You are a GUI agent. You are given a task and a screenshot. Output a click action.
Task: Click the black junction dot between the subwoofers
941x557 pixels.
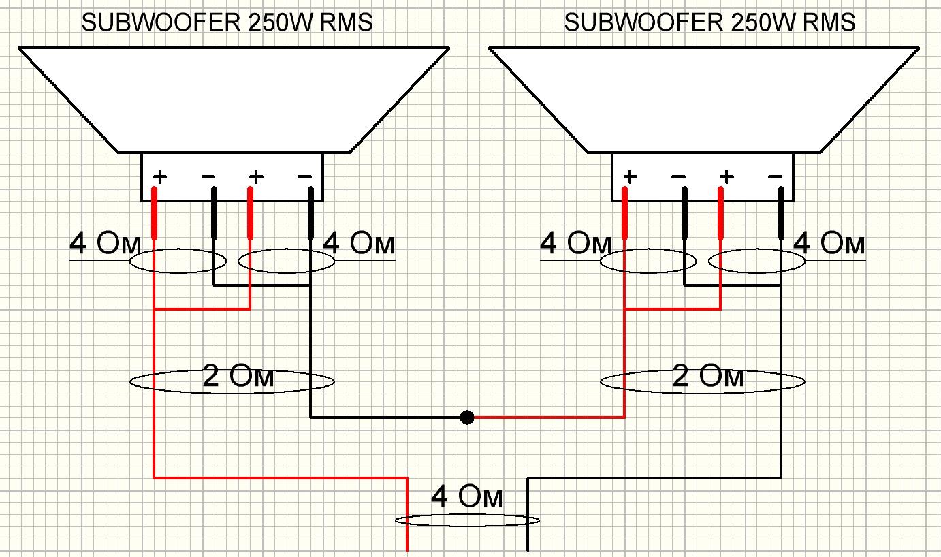click(x=466, y=417)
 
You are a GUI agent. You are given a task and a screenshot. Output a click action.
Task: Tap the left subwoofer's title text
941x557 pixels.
click(x=227, y=22)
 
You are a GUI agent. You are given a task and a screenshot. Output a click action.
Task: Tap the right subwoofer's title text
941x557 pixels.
click(x=709, y=22)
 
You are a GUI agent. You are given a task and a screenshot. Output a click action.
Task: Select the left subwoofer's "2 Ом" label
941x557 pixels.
click(x=238, y=376)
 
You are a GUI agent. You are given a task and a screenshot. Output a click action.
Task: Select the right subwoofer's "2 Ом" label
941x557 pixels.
click(x=708, y=376)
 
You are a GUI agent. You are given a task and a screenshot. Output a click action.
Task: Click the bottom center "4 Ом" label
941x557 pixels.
click(x=466, y=496)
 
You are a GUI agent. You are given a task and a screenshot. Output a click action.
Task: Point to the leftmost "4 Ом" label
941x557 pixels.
click(x=105, y=243)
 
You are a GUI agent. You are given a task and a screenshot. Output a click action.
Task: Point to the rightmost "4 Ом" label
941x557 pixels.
click(x=829, y=243)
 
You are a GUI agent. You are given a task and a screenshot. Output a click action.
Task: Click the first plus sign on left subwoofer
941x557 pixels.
click(x=159, y=176)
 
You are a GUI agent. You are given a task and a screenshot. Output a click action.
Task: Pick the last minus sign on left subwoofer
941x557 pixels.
click(x=304, y=176)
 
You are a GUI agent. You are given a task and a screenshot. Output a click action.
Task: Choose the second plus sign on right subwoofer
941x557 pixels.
click(x=727, y=176)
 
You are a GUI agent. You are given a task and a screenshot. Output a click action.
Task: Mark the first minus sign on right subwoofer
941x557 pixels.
click(x=678, y=176)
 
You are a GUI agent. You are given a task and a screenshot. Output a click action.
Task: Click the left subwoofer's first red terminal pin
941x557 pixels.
click(x=154, y=213)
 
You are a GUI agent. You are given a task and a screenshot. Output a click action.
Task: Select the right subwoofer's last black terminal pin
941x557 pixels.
click(x=782, y=213)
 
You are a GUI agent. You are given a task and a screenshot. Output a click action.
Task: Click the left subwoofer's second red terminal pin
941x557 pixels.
click(x=251, y=213)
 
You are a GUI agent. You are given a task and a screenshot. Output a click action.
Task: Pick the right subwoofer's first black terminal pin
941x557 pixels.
click(x=684, y=213)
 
